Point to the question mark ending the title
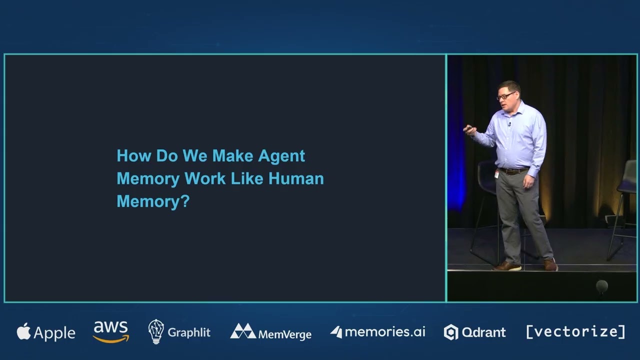point(185,201)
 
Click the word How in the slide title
point(133,156)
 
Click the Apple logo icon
point(23,331)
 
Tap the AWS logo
point(111,331)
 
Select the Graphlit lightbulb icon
point(156,331)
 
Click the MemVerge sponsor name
point(284,334)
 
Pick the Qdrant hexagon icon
point(451,332)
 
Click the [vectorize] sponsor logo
point(575,331)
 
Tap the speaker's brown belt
point(514,171)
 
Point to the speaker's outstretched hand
point(469,130)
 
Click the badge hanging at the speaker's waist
point(496,174)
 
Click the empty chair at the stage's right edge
point(625,200)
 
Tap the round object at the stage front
point(601,286)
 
